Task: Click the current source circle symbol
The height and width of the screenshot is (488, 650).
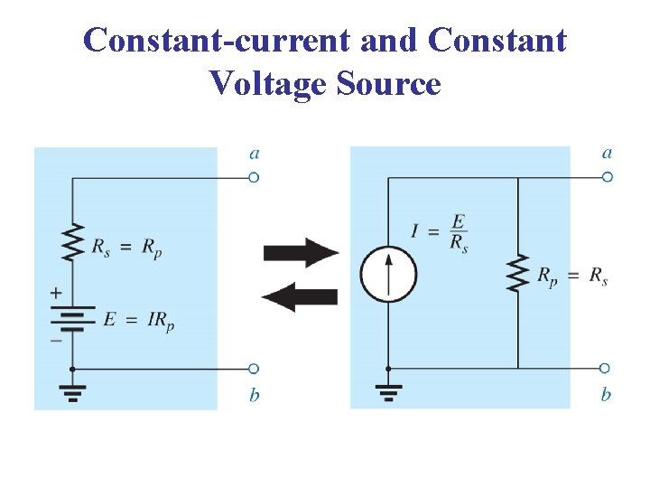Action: [388, 273]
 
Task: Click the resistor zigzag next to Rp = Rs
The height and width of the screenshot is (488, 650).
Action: [517, 273]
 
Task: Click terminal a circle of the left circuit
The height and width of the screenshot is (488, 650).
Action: [254, 178]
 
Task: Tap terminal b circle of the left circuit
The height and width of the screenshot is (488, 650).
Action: [254, 369]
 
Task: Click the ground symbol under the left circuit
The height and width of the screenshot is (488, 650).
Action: [73, 390]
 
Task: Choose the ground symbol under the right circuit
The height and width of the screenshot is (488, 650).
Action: [388, 390]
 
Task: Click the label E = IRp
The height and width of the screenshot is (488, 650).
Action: [138, 320]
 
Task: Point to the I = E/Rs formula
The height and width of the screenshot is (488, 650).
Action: [440, 232]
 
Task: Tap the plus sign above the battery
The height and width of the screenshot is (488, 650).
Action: [56, 293]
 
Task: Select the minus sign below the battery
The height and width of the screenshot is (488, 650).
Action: [56, 341]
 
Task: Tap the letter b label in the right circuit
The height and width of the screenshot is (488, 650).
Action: [607, 395]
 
